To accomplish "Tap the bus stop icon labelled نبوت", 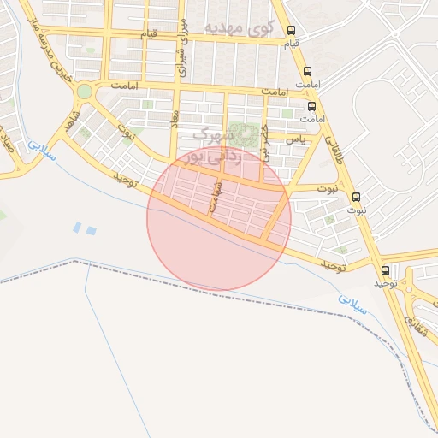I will click(357, 197).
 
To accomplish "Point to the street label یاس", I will click(295, 137).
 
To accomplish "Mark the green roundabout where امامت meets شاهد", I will click(84, 91).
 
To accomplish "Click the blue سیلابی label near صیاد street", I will click(39, 151).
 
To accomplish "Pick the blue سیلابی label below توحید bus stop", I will click(352, 304).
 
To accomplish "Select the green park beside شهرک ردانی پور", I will click(247, 134).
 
